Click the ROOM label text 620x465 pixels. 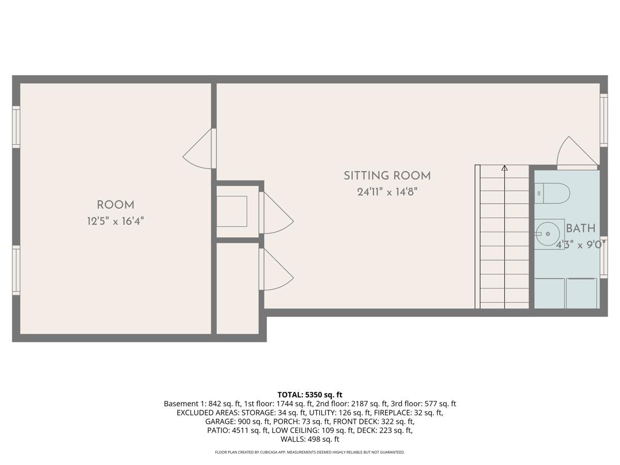click(x=115, y=205)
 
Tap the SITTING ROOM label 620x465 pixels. click(x=387, y=176)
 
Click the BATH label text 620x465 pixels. click(x=580, y=228)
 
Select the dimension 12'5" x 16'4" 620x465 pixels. click(x=115, y=222)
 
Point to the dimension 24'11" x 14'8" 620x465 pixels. click(x=387, y=192)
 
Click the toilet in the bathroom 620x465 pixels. click(x=552, y=194)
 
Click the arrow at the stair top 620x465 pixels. click(x=504, y=168)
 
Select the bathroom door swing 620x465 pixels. click(x=575, y=152)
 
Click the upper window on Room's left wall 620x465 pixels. click(x=16, y=127)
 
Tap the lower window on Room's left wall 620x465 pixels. click(x=16, y=270)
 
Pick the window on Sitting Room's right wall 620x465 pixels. click(x=603, y=120)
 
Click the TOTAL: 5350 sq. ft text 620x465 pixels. click(x=309, y=395)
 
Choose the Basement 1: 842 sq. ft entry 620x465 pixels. click(x=197, y=404)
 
